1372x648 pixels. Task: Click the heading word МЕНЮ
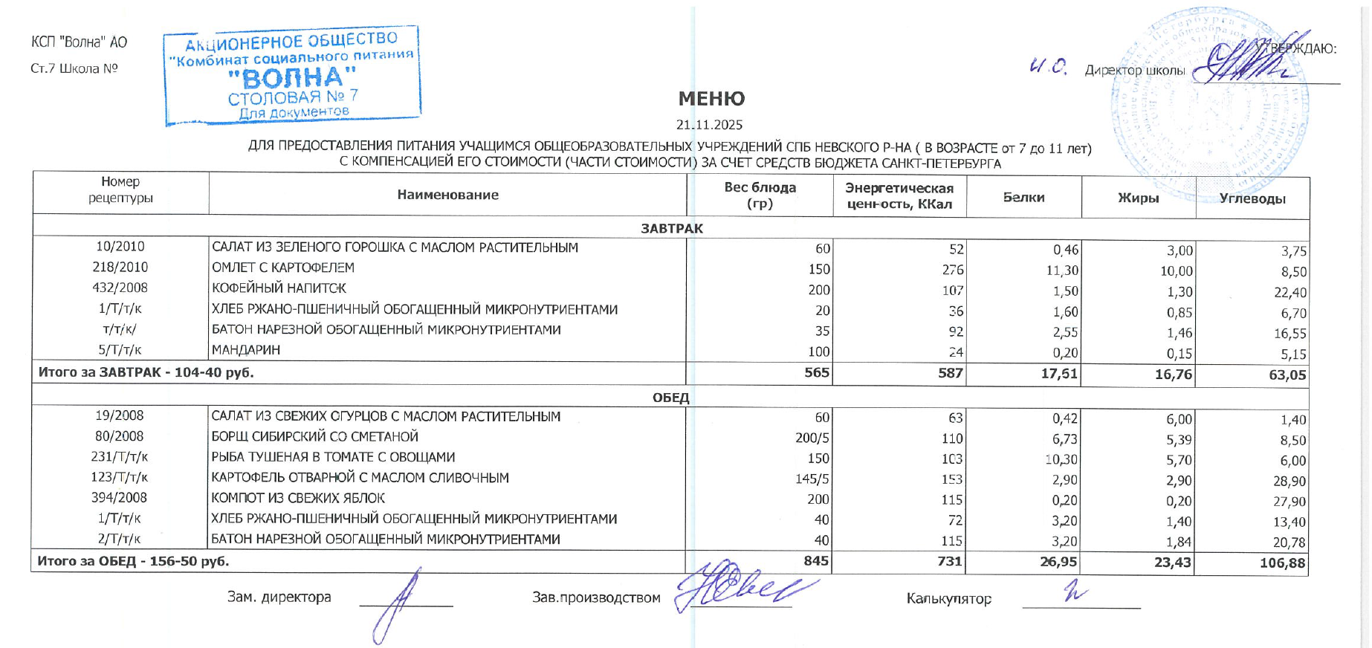coord(711,99)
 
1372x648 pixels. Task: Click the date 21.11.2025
coord(709,125)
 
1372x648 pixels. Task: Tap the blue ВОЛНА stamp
coord(292,76)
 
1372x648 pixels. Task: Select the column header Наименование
coord(447,195)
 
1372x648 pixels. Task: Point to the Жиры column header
coord(1138,198)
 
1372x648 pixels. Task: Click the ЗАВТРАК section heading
coord(671,228)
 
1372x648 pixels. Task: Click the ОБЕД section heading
coord(670,398)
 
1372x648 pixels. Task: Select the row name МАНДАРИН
coord(246,350)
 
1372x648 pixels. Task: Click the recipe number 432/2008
coord(120,288)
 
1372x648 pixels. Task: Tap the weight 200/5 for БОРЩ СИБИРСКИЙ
coord(812,438)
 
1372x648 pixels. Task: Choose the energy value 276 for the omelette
coord(952,270)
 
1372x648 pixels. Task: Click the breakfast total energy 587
coord(950,372)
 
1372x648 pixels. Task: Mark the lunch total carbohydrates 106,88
coord(1282,563)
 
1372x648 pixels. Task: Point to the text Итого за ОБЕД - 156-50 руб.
coord(133,561)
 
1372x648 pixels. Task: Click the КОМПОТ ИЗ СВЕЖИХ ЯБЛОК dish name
coord(298,498)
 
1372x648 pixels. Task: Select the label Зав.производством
coord(596,597)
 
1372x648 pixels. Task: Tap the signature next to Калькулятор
coord(1075,592)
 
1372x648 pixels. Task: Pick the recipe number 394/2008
coord(120,498)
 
